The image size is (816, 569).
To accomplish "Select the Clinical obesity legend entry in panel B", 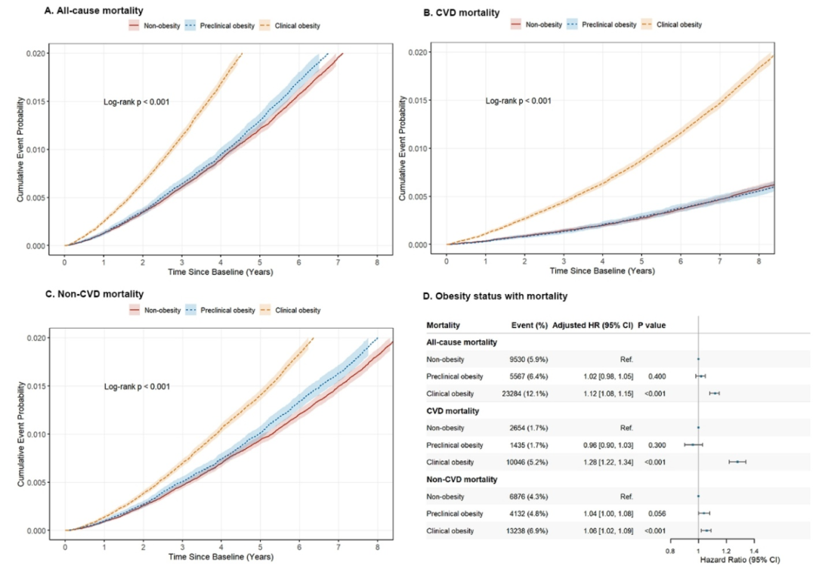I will [675, 25].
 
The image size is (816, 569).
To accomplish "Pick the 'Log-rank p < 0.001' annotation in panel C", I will [137, 387].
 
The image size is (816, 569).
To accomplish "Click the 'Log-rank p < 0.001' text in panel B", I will [518, 101].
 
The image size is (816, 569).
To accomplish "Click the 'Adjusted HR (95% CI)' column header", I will [593, 325].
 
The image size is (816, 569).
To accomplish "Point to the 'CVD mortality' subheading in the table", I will [453, 410].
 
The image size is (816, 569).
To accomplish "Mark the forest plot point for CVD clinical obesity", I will [737, 462].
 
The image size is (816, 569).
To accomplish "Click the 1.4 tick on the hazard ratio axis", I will [754, 551].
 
